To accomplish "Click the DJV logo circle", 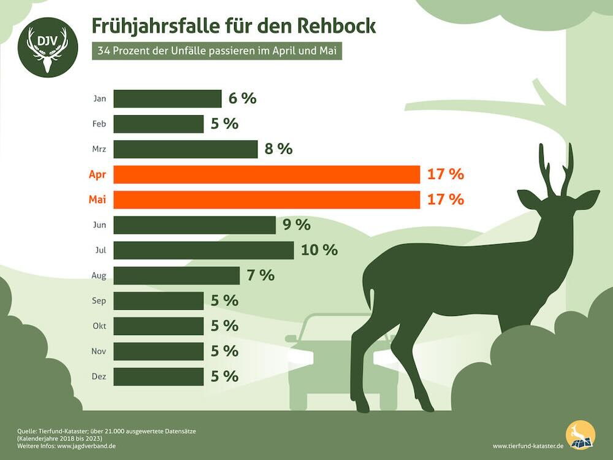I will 48,50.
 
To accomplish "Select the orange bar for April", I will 267,175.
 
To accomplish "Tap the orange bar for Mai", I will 267,200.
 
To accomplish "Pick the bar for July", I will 204,250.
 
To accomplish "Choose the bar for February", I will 158,124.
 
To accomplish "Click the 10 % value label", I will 319,250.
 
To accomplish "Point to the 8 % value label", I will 278,149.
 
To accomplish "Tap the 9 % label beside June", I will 297,225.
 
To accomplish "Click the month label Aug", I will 99,276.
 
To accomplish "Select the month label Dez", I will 99,377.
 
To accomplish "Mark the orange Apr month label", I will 97,175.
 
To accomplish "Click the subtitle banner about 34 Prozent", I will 216,51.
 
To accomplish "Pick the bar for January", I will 167,99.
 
